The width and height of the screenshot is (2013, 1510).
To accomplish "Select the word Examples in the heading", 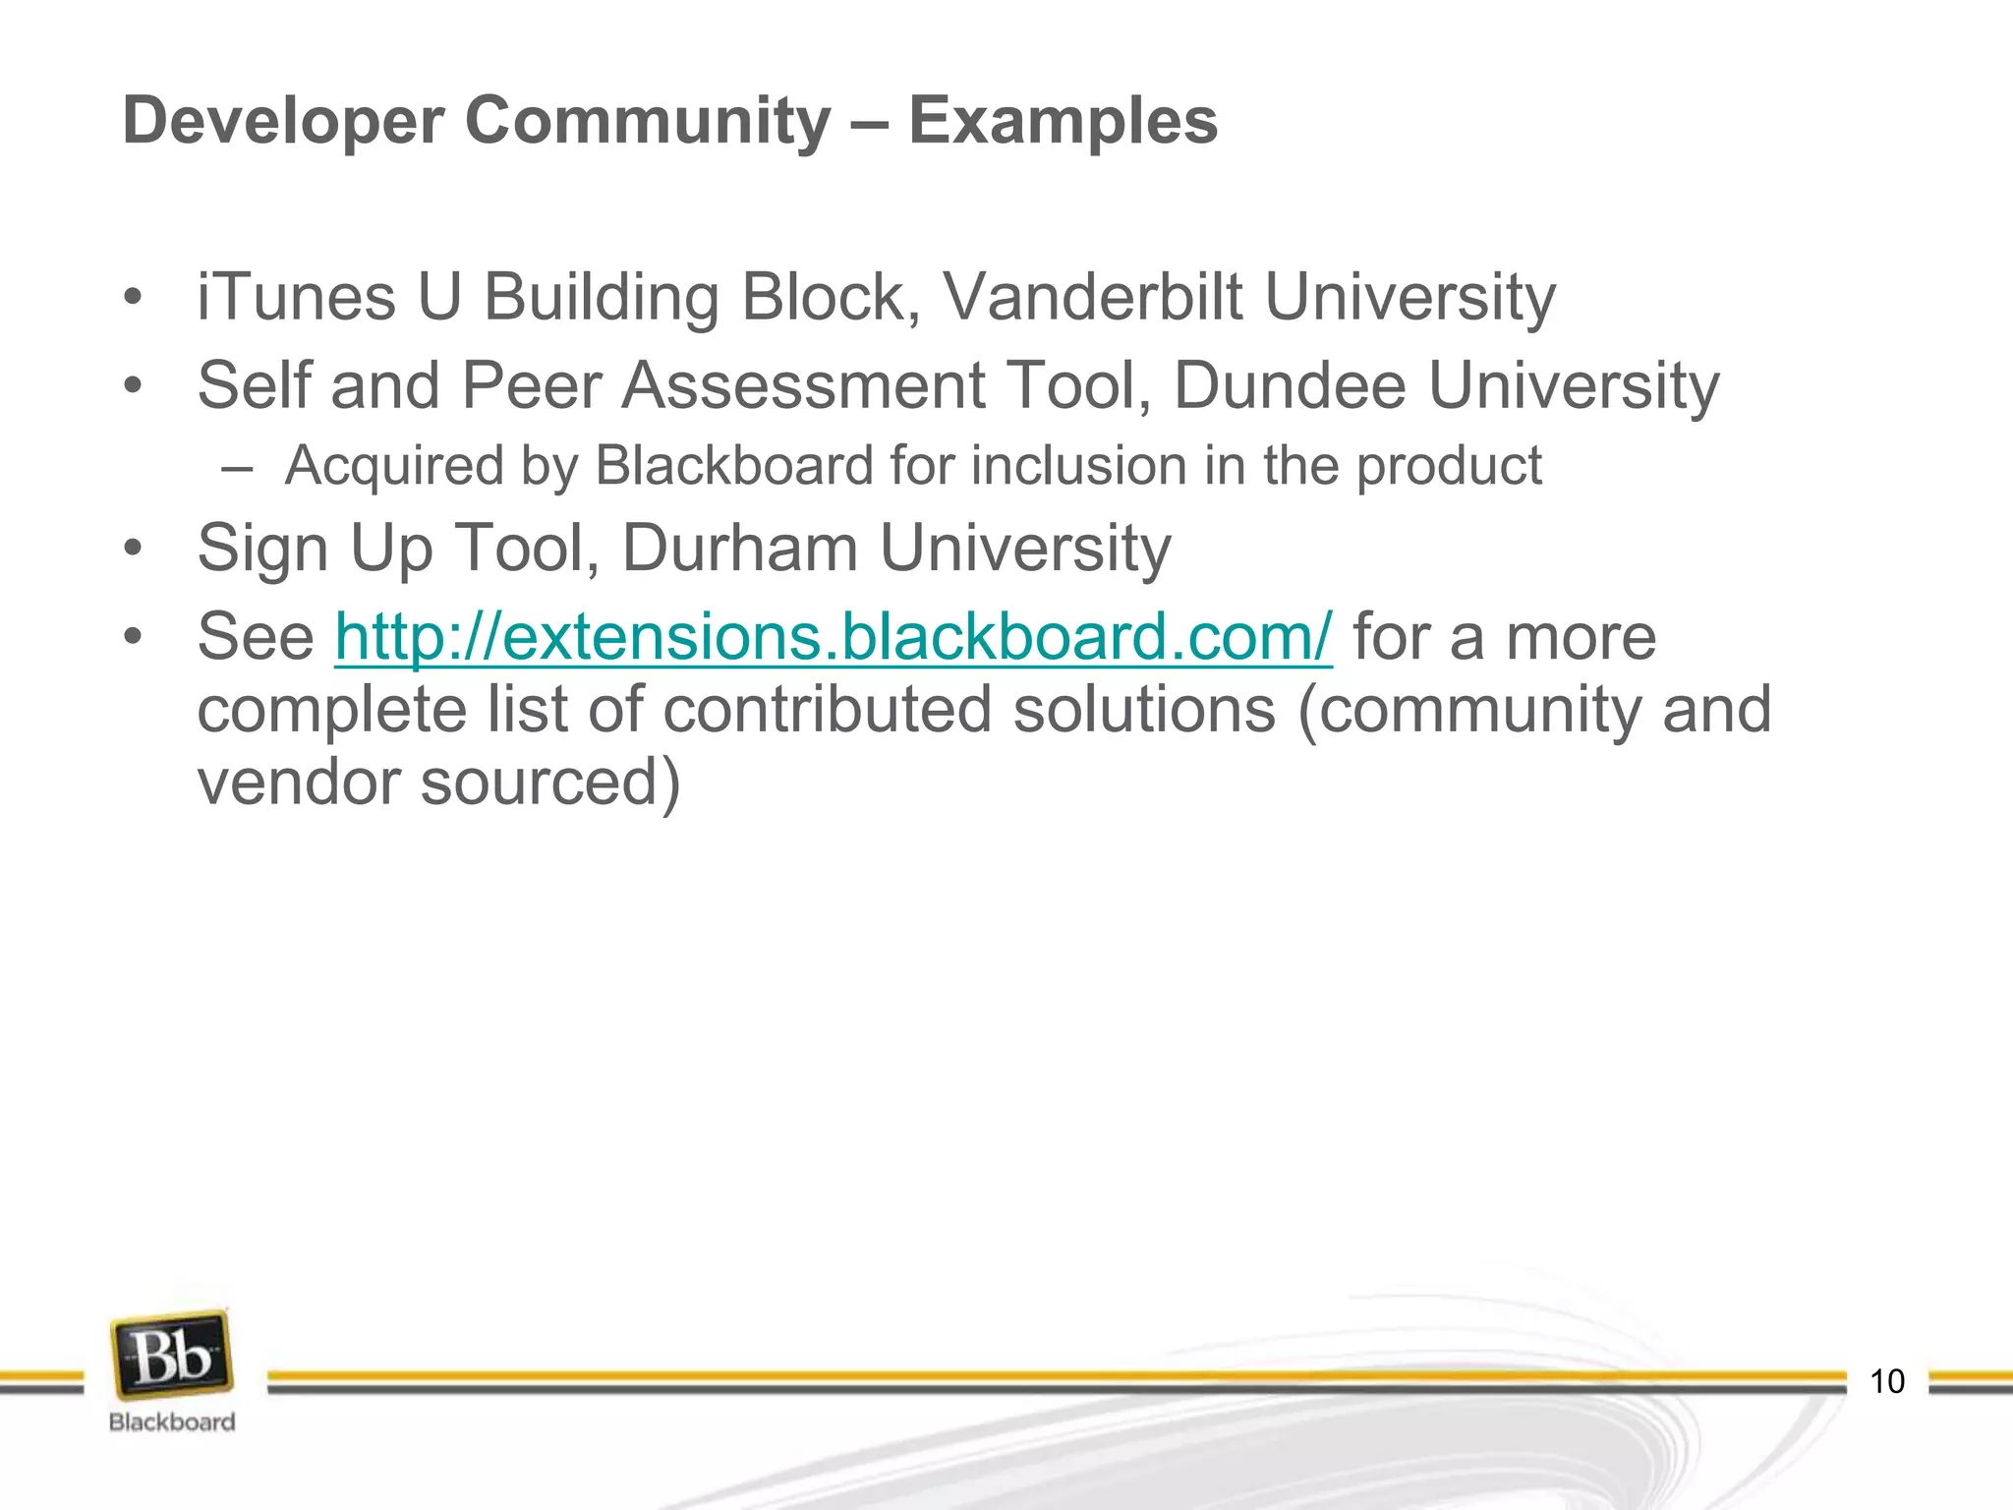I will point(1063,122).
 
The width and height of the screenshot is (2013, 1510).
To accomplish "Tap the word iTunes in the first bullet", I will point(295,297).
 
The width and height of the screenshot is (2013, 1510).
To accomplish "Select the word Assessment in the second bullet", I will point(803,385).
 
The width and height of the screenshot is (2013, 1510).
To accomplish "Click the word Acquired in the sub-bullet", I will point(394,466).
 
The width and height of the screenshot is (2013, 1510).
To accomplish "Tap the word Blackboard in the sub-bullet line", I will point(734,466).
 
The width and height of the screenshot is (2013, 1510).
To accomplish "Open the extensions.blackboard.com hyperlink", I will point(834,637).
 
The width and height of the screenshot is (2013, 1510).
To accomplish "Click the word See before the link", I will point(256,637).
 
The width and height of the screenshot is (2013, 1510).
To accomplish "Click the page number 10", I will point(1886,1381).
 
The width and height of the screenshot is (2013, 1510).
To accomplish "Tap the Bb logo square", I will point(172,1358).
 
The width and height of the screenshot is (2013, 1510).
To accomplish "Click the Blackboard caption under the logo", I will point(172,1423).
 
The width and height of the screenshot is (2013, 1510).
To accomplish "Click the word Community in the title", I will point(648,122).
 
